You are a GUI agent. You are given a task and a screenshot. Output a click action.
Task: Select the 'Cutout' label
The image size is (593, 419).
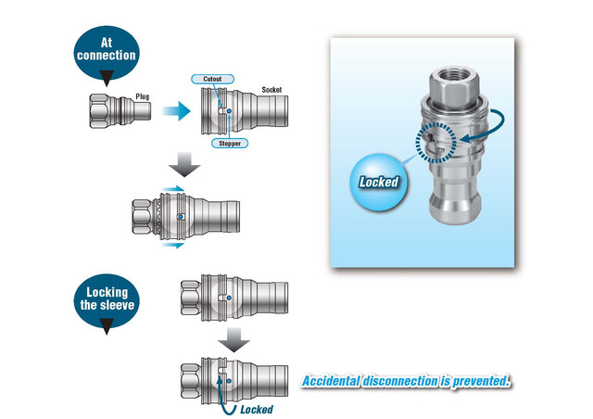point(212,81)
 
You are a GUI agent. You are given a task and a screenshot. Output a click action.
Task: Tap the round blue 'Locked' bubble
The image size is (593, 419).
point(379,180)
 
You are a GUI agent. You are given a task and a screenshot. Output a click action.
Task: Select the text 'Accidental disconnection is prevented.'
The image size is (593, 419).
point(406,381)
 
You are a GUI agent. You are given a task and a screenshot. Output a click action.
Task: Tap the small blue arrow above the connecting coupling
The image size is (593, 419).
point(170,188)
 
